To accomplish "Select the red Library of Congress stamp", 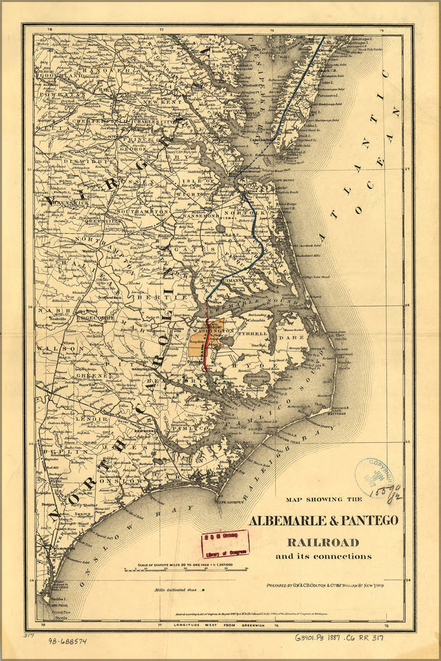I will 225,543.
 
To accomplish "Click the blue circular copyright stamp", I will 374,477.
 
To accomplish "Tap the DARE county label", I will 295,337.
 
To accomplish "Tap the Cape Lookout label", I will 229,500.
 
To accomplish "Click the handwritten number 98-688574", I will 68,641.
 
